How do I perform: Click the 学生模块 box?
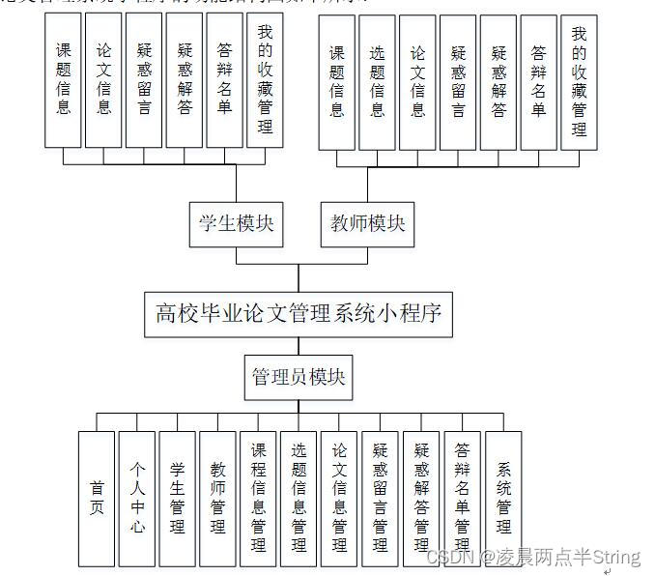(x=236, y=224)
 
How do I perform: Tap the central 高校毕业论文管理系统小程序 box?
(x=299, y=313)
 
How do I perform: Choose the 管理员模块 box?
(x=298, y=376)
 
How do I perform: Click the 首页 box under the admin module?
(x=97, y=498)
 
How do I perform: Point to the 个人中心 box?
(x=137, y=498)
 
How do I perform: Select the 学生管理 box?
(x=178, y=498)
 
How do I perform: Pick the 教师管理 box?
(x=218, y=498)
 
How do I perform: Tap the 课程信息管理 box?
(x=258, y=498)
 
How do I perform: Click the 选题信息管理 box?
(x=299, y=498)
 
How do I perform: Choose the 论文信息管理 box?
(x=339, y=498)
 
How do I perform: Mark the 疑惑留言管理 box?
(x=380, y=498)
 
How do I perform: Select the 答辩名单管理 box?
(x=462, y=498)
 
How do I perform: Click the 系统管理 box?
(x=503, y=498)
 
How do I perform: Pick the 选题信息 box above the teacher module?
(x=378, y=82)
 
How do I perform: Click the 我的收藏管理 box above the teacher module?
(x=579, y=82)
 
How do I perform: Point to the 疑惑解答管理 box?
(x=421, y=498)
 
